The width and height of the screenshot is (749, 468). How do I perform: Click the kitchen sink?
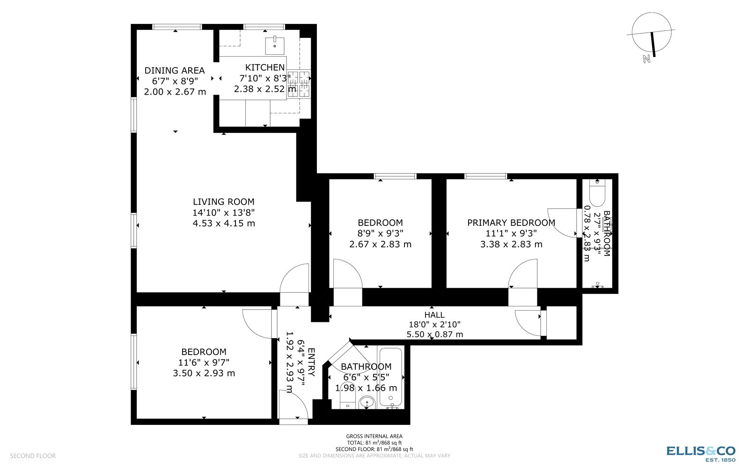coord(275,45)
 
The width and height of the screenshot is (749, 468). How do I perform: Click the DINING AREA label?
coord(174,71)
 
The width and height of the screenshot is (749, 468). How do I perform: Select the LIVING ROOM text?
coord(223,202)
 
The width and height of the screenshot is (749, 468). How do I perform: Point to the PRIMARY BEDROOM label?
coord(511,223)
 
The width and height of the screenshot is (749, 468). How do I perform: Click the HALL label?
coord(434,315)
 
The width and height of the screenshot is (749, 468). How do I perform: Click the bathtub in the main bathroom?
coord(390,377)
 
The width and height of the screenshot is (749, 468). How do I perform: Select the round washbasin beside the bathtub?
coord(367,402)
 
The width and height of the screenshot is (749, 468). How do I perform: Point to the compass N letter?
coord(646,59)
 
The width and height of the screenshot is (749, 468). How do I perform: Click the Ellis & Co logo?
coord(701,452)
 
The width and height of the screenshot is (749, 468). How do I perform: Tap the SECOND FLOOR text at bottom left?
coord(33,456)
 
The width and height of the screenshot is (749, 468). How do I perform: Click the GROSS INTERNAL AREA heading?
coord(374,436)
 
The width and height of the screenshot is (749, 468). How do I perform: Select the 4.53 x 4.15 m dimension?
coord(223,223)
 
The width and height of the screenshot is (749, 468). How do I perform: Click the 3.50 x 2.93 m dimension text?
coord(204,373)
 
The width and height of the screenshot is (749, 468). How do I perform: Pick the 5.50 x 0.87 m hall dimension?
coord(434,334)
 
